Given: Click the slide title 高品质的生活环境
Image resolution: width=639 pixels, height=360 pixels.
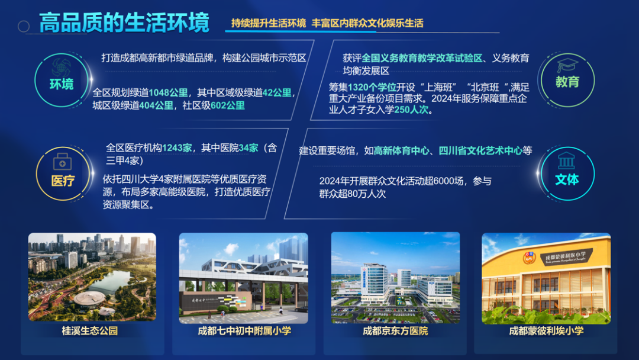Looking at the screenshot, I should coord(124,24).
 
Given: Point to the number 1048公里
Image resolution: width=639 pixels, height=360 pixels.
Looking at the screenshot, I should coord(169,93).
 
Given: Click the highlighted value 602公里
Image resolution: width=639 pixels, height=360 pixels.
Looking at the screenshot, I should coord(228,105).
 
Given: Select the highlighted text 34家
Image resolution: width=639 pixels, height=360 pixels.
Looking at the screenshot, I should coord(248,148).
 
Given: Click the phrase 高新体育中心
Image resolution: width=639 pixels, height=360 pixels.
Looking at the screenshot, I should coord(402,151).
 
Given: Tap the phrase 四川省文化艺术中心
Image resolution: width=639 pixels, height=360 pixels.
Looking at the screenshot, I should coord(480,151).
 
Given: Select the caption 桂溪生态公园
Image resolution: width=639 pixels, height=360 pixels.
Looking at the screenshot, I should coord(90,331).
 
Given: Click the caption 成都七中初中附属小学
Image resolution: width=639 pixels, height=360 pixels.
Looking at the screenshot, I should coord(244,331).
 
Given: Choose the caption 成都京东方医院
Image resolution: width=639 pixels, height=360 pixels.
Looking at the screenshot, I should coord(395,331).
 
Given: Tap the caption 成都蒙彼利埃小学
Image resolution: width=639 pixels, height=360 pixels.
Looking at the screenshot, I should coord(546,331).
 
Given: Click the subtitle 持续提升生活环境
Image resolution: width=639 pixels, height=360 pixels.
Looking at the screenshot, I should coord(269,24).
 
